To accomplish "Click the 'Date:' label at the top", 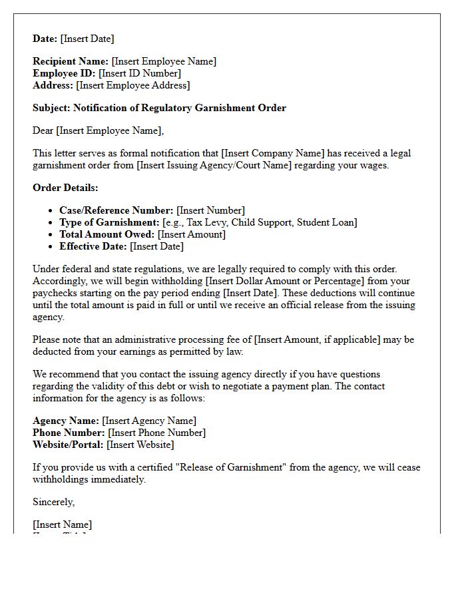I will click(45, 39).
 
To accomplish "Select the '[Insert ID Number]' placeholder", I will click(140, 73).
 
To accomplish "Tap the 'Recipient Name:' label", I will click(71, 61).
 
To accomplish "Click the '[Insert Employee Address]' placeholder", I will click(133, 85).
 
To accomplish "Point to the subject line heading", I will click(159, 108).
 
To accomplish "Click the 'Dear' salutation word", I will click(43, 130).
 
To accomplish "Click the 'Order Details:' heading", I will click(65, 188).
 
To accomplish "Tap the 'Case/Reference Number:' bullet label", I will click(116, 210).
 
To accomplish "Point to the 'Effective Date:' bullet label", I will click(93, 246).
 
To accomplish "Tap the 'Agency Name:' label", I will click(66, 421).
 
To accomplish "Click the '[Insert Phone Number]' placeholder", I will click(156, 433).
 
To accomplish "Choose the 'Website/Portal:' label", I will click(68, 445).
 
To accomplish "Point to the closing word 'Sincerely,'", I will click(54, 502).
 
